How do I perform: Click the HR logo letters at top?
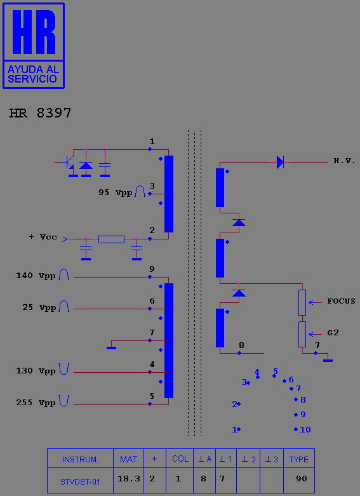pos(34,32)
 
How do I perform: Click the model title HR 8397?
pos(40,113)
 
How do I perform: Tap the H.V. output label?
pos(345,161)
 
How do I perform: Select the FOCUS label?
pos(341,301)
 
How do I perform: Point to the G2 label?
pos(333,332)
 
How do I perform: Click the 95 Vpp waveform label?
pos(116,192)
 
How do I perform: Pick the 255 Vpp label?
pos(36,403)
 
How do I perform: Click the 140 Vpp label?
pos(36,276)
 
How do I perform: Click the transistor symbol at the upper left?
pos(70,163)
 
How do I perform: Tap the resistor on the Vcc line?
pos(111,239)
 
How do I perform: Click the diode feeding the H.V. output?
pos(280,163)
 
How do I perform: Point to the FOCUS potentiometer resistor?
pos(302,302)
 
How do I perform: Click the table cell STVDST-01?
pos(80,482)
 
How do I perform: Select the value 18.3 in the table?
pos(129,479)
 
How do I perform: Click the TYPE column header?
pos(298,459)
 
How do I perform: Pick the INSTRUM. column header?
pos(80,459)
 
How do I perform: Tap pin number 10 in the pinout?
pos(305,429)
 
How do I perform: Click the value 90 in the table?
pos(302,479)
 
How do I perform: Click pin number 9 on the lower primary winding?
pos(152,269)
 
